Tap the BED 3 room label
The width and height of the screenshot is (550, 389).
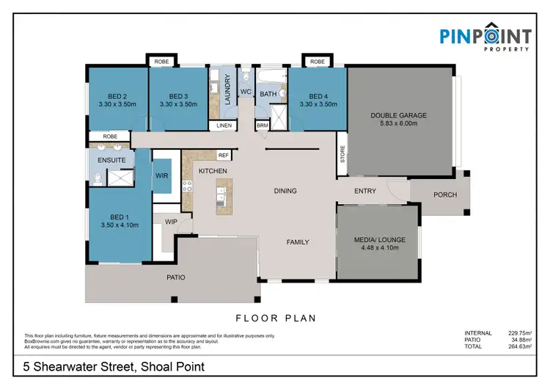[179, 96]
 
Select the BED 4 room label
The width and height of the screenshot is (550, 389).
[318, 96]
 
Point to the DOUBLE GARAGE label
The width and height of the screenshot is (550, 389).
[398, 115]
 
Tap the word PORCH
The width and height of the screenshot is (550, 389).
[445, 194]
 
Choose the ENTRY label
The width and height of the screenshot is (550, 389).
[364, 192]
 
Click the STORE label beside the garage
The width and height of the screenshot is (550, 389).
[342, 155]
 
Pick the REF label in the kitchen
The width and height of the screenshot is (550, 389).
[224, 156]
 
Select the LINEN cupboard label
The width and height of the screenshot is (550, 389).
[224, 126]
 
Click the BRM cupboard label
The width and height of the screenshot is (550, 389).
[262, 126]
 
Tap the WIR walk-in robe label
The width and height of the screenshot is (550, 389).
[162, 176]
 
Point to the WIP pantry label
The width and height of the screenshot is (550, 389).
[171, 221]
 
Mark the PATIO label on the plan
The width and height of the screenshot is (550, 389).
[175, 277]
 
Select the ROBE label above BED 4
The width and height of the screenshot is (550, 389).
[317, 62]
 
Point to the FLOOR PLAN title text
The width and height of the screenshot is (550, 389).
[275, 319]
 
